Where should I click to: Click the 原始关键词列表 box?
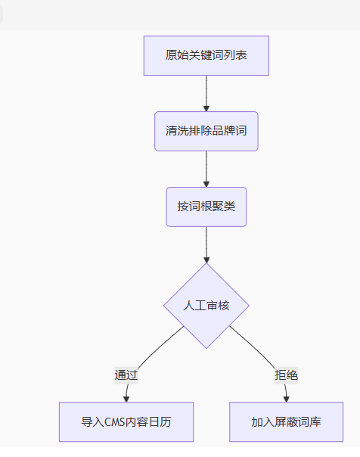coord(206,56)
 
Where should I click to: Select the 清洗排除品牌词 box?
coord(206,131)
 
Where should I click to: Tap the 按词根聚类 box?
coord(206,207)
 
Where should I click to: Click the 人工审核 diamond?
coord(206,306)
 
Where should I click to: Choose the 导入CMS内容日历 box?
coord(126,422)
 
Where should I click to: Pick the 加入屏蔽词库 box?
coord(287,422)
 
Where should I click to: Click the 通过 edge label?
coord(126,375)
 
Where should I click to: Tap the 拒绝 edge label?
coord(287,375)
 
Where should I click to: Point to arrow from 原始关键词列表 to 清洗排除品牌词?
coord(206,94)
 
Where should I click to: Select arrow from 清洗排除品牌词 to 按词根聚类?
coord(206,169)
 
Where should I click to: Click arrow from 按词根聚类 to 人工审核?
coord(206,245)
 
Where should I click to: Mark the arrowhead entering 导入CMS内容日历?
coord(126,399)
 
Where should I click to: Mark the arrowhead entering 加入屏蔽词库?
coord(287,399)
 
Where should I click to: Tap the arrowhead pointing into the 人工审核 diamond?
coord(206,260)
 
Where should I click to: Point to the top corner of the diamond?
coord(206,263)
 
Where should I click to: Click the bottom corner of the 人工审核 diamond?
coord(206,349)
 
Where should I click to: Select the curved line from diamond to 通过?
coord(160,347)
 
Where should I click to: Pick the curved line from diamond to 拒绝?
coord(253,347)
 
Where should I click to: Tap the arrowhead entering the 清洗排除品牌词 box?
coord(206,109)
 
